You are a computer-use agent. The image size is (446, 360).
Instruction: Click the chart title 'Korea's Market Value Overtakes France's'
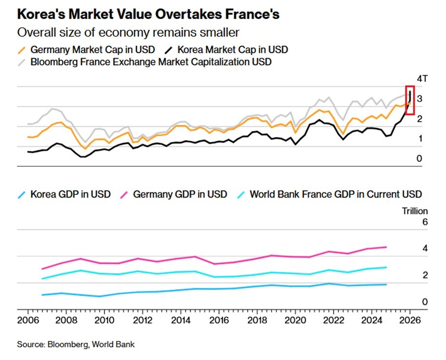[x=148, y=15]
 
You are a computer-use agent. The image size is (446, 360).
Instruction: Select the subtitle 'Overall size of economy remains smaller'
[x=128, y=33]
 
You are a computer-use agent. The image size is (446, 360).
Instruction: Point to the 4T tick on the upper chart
[x=422, y=79]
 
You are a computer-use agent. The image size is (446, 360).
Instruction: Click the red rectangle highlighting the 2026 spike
[x=410, y=100]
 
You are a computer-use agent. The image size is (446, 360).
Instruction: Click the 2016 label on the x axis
[x=219, y=321]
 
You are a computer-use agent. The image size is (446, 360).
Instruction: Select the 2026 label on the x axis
[x=410, y=321]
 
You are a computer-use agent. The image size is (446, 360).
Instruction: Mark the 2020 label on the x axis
[x=295, y=321]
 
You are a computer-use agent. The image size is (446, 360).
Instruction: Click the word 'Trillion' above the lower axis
[x=414, y=211]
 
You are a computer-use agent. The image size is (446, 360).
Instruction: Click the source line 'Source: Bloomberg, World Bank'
[x=76, y=344]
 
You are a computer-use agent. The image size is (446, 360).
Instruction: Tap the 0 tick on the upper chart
[x=419, y=159]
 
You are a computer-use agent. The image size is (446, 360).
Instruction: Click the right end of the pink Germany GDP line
[x=387, y=247]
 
